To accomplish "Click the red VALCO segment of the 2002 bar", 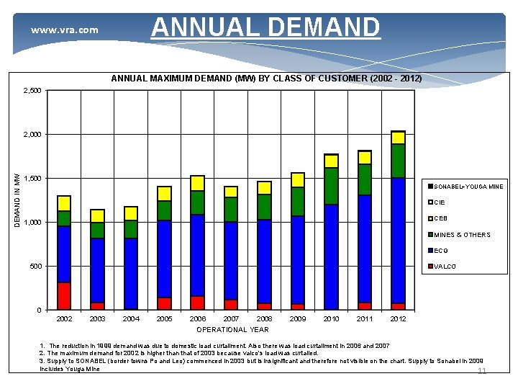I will tap(64, 295).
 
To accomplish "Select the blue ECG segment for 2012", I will tap(398, 240).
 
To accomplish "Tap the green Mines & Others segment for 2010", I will tap(331, 186).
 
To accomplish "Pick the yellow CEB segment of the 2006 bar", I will tap(198, 183).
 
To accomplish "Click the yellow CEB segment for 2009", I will tap(298, 180).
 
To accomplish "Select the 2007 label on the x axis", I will tap(231, 318).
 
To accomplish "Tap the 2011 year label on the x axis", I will tap(365, 318).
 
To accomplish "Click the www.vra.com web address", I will tap(64, 30).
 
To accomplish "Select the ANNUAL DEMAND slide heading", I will tap(265, 27).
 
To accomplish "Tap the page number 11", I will tap(482, 371).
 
